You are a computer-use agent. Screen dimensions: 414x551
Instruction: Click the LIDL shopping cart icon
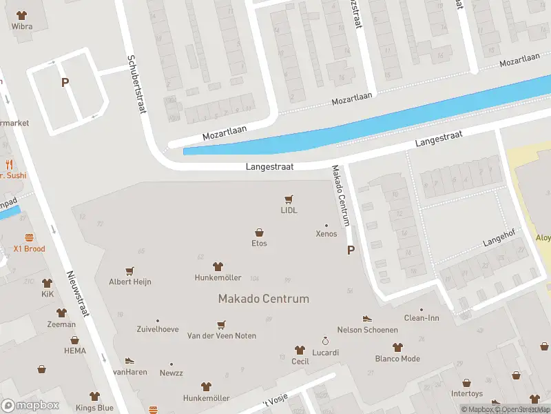[289, 199]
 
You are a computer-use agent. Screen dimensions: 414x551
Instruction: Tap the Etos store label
[259, 243]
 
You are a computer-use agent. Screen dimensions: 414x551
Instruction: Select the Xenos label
[326, 234]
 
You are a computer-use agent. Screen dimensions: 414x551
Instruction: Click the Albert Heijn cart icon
[129, 271]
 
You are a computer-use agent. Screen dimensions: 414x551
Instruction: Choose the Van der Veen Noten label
[222, 336]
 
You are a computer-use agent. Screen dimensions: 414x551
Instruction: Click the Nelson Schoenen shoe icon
[367, 318]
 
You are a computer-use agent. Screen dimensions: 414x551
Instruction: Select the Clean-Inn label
[421, 318]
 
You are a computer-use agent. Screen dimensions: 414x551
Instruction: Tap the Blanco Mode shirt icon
[397, 347]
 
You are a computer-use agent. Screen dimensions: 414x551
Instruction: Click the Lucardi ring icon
[326, 341]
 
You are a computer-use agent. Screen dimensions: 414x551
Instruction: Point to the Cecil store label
[300, 361]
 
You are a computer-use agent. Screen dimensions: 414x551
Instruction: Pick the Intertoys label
[467, 393]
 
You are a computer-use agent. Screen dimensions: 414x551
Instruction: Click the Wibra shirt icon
[22, 14]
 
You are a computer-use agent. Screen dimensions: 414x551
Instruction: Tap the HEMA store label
[75, 351]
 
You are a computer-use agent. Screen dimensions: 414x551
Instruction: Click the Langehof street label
[499, 241]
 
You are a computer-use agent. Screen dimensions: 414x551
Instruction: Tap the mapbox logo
[30, 406]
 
